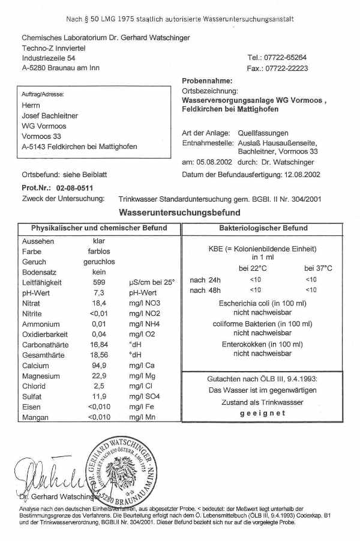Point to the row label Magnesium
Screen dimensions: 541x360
[40, 376]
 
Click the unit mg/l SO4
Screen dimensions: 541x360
[144, 397]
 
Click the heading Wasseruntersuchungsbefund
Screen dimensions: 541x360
[180, 213]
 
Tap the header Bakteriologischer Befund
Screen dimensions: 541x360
[263, 229]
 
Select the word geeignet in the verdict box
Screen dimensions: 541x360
[263, 413]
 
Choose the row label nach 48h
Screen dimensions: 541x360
[205, 291]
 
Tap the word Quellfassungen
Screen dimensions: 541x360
[261, 133]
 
